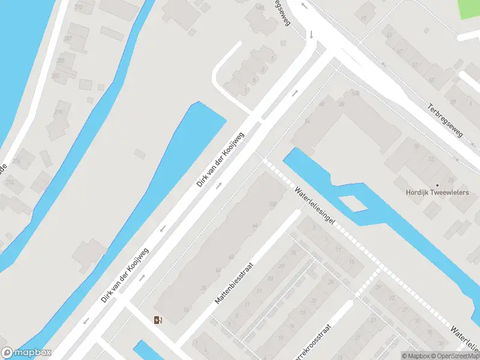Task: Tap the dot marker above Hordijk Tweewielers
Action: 437,185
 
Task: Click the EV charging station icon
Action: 158,320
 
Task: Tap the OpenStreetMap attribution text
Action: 457,356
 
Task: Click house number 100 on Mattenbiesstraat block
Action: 273,205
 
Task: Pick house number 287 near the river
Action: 68,38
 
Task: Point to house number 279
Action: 59,112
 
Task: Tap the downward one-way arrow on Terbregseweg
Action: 311,34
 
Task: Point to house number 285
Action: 60,61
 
